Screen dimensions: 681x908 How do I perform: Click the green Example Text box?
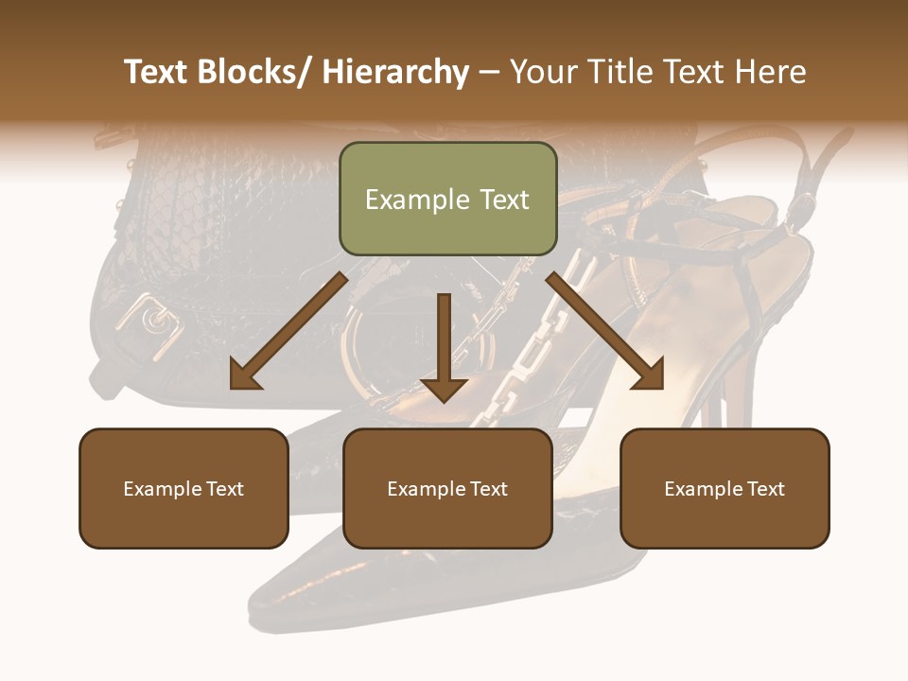click(447, 199)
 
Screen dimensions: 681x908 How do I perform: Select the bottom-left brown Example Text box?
click(183, 488)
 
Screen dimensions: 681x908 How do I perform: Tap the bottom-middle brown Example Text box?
click(447, 488)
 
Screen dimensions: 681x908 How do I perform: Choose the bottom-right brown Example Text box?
click(725, 488)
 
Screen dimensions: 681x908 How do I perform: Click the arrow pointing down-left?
click(288, 331)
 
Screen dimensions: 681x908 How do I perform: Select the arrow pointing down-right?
click(605, 331)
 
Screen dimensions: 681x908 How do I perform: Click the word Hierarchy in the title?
click(394, 72)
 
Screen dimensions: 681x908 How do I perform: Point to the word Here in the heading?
click(771, 72)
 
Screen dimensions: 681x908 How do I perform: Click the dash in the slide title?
click(489, 72)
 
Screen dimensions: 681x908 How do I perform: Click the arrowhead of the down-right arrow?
click(651, 376)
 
